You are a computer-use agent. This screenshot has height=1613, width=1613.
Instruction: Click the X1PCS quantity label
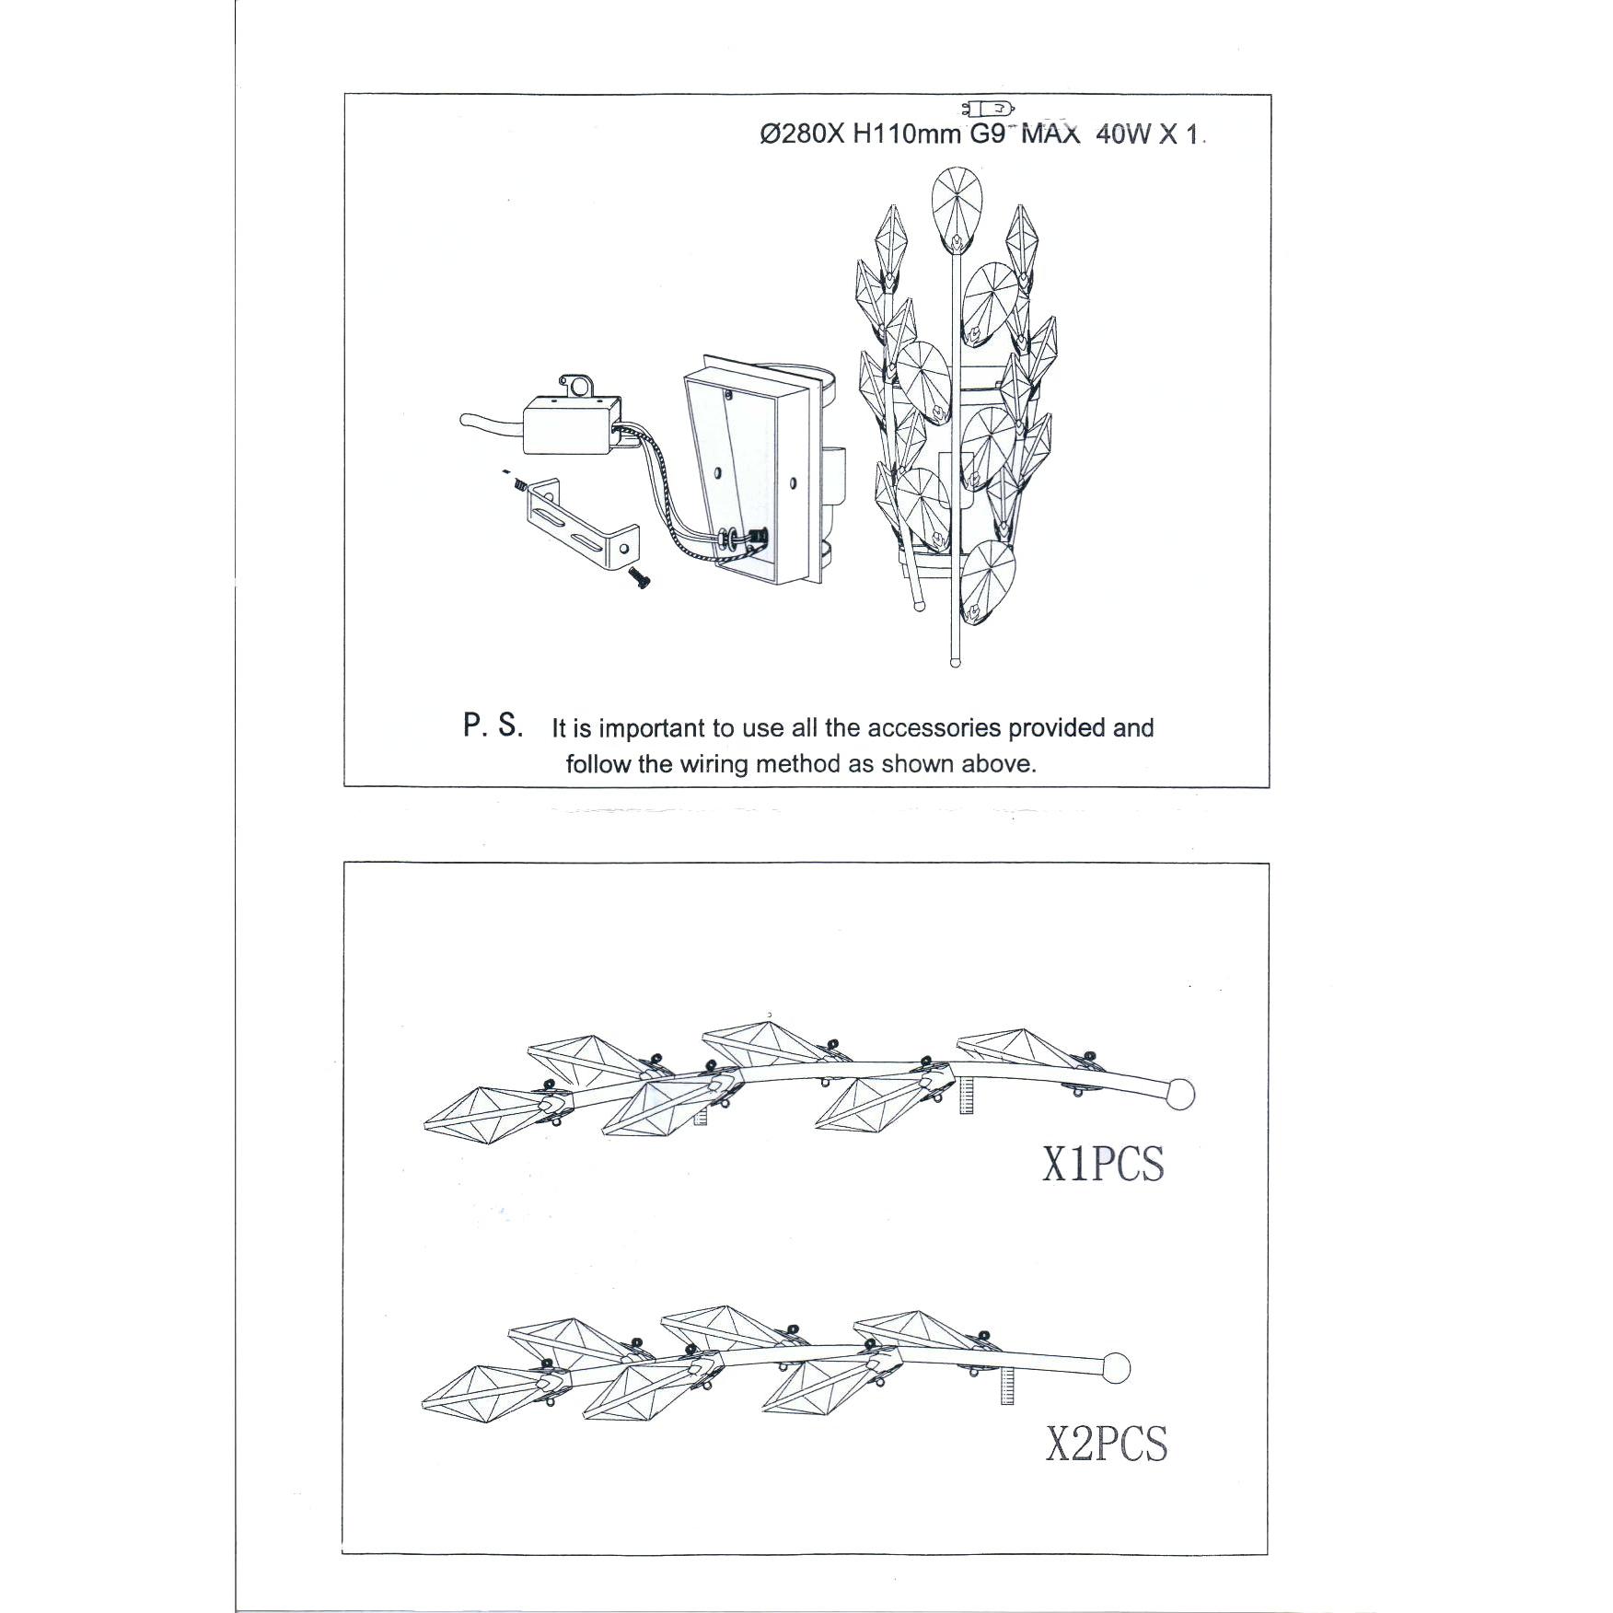click(1103, 1164)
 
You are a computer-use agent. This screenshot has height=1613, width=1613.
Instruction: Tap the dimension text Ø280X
click(802, 134)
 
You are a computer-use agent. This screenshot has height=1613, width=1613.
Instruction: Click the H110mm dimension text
click(908, 134)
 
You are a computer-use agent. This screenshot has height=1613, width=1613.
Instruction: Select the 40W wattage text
click(1123, 134)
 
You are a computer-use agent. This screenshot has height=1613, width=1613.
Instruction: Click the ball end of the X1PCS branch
click(1179, 1094)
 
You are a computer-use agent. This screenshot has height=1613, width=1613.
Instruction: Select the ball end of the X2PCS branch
click(1115, 1367)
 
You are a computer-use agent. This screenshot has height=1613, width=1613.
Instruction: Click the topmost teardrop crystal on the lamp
click(956, 210)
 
